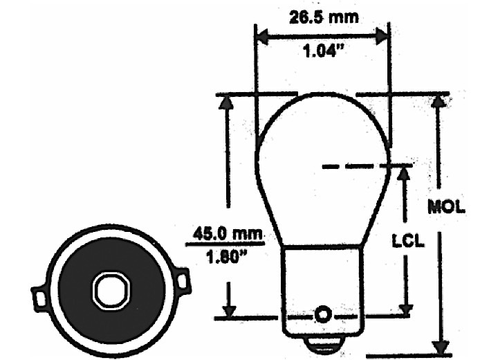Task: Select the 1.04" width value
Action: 323,53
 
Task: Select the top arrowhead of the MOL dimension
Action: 437,100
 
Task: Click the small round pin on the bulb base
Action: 322,315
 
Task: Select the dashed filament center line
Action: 367,166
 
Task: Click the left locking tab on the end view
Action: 40,297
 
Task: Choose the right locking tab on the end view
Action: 182,281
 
